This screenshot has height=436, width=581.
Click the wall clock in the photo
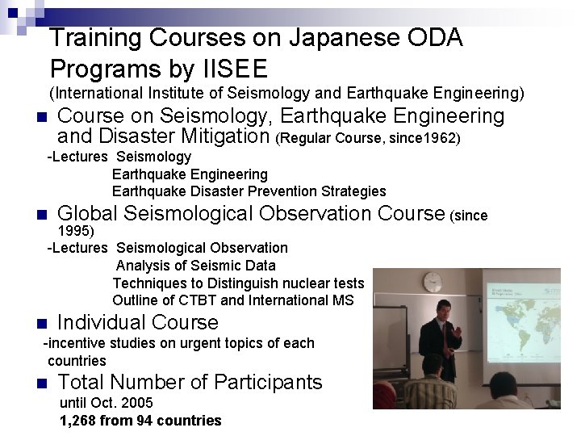point(433,282)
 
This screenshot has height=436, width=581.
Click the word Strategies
point(353,191)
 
